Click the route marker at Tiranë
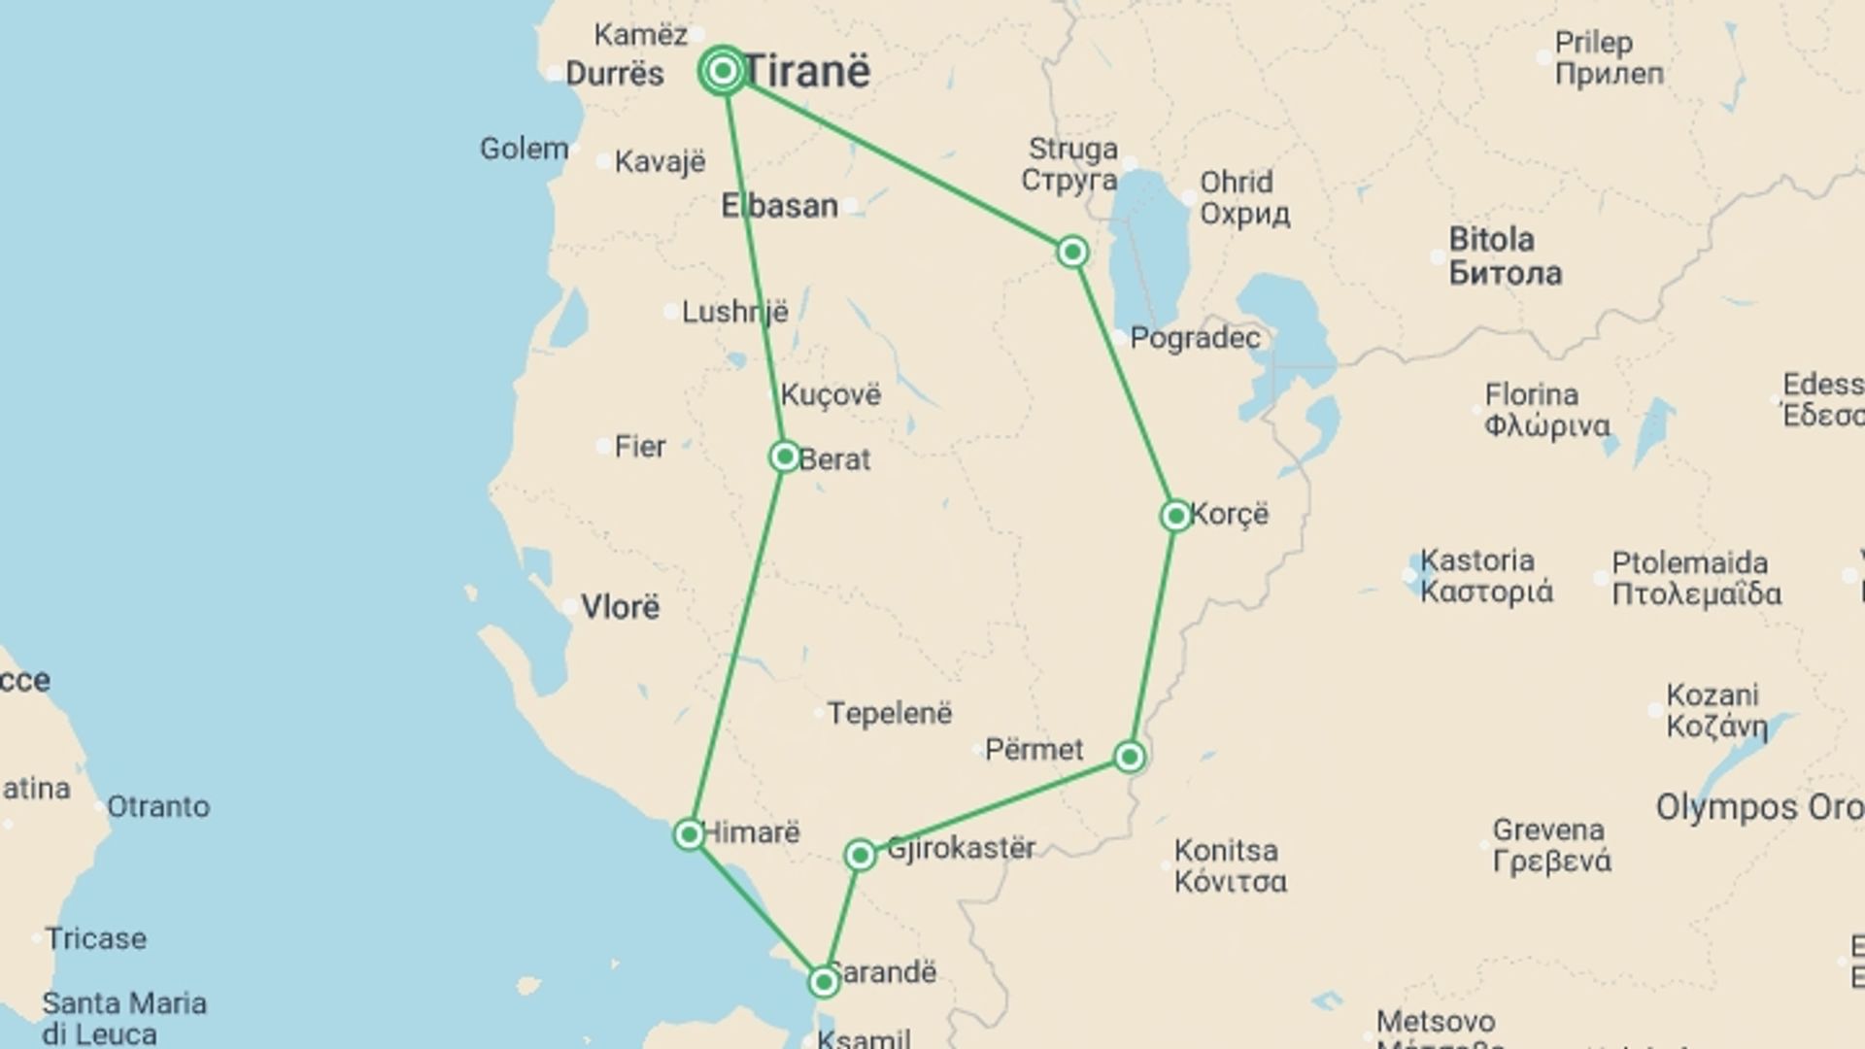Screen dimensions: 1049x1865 click(x=723, y=71)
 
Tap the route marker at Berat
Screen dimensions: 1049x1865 click(x=784, y=456)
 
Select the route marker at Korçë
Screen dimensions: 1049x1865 click(x=1175, y=515)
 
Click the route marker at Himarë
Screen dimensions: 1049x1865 click(x=689, y=833)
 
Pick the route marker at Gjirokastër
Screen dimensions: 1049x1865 click(x=860, y=855)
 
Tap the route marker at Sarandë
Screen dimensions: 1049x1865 click(x=824, y=982)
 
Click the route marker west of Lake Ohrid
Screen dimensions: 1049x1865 click(x=1071, y=252)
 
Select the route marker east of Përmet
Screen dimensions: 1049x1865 click(x=1129, y=756)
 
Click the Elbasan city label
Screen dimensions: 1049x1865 click(x=779, y=206)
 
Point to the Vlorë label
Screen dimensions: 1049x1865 click(x=620, y=607)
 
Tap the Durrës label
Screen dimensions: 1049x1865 click(x=614, y=74)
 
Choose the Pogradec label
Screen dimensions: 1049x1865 click(x=1195, y=338)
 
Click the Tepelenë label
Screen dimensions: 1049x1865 click(x=889, y=713)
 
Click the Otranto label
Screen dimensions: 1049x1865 click(x=157, y=806)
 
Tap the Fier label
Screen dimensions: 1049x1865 click(x=639, y=447)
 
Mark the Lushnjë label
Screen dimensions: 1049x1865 click(x=734, y=312)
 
